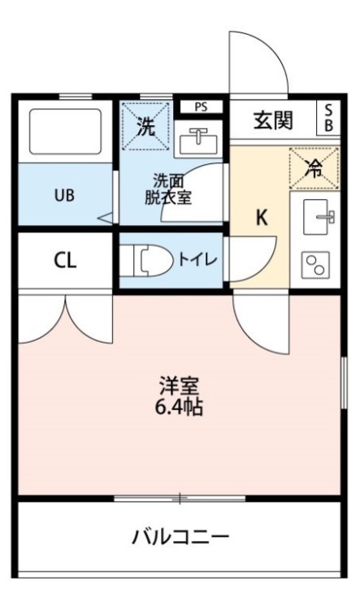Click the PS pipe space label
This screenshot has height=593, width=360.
202,107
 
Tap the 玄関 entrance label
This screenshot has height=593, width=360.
273,121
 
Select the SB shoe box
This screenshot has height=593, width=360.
328,118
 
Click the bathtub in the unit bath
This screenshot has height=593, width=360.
66,132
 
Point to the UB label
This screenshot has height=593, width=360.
64,196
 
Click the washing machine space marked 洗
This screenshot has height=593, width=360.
145,126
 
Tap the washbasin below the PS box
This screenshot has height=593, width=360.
198,141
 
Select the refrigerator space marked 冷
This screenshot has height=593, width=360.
314,168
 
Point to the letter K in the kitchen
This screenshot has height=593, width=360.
262,218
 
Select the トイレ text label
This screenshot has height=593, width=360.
197,260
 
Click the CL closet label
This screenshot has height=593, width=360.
66,260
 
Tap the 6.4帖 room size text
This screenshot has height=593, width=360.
179,407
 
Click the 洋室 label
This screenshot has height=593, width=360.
179,386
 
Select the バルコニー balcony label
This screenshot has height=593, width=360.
180,537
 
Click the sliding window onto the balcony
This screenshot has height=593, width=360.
180,498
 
